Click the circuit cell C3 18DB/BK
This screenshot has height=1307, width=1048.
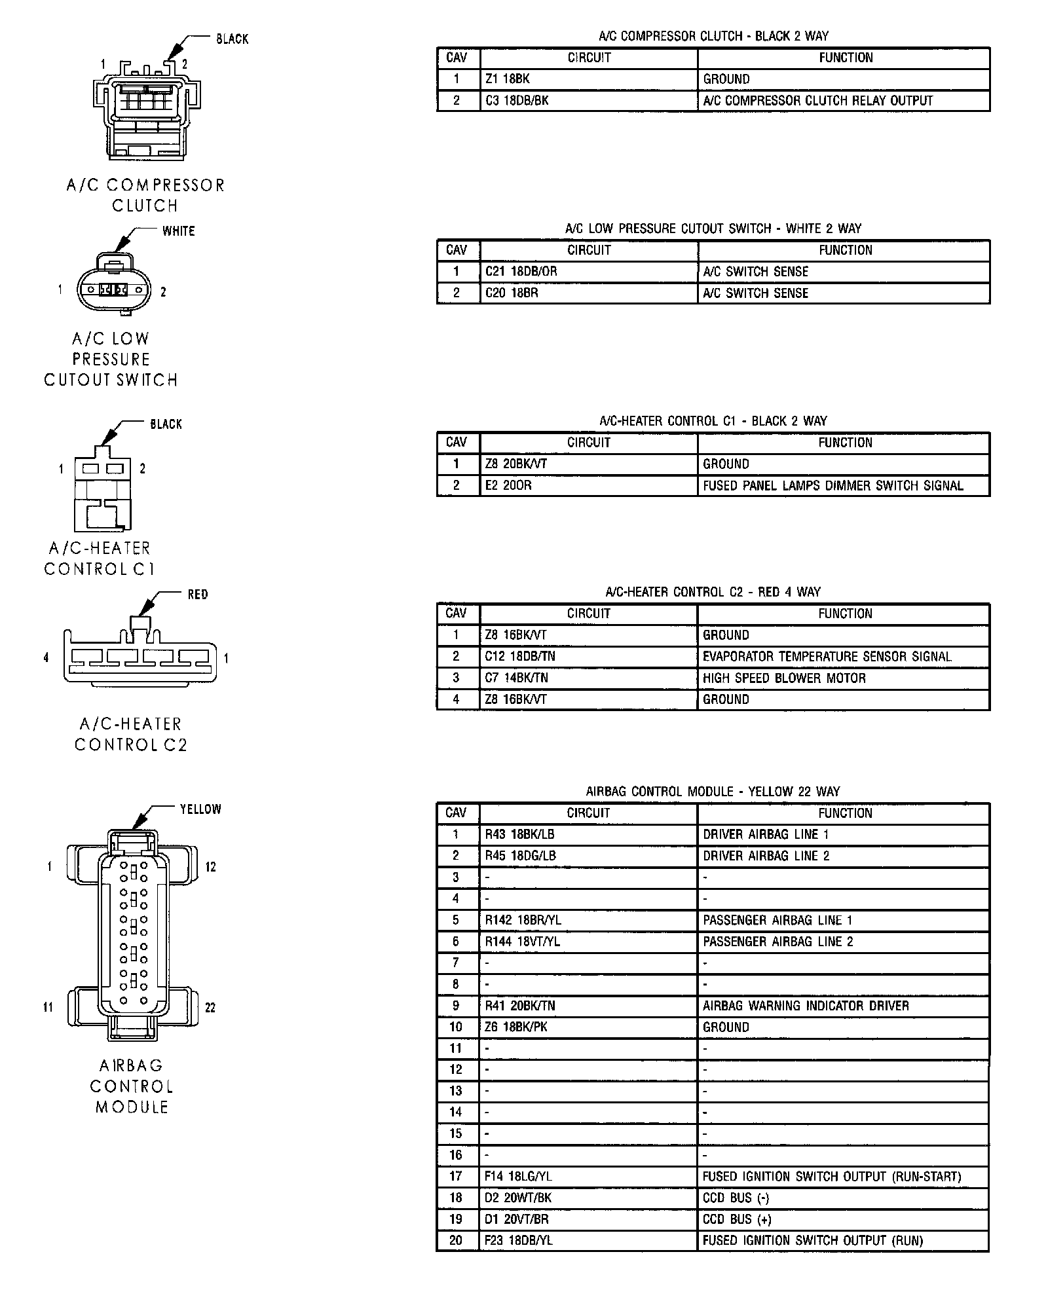pyautogui.click(x=517, y=101)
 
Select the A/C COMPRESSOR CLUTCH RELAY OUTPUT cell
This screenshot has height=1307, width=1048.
pyautogui.click(x=817, y=101)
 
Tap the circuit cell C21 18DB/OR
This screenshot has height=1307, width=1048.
pyautogui.click(x=521, y=272)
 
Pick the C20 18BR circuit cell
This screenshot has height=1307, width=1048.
pyautogui.click(x=512, y=293)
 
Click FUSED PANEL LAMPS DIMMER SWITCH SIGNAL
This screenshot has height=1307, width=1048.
pyautogui.click(x=833, y=486)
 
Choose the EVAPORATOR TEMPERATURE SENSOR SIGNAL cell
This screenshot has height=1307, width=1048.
pyautogui.click(x=827, y=657)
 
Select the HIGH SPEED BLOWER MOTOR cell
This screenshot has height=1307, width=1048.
pyautogui.click(x=784, y=678)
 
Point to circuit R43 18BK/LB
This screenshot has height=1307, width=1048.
pyautogui.click(x=519, y=835)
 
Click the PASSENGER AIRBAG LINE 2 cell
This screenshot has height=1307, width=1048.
pyautogui.click(x=777, y=942)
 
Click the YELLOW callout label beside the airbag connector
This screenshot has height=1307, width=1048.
pyautogui.click(x=200, y=809)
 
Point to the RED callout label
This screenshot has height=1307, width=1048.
pyautogui.click(x=197, y=595)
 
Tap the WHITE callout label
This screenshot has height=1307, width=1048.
pyautogui.click(x=178, y=231)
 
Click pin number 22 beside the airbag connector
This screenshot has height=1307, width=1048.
pyautogui.click(x=210, y=1008)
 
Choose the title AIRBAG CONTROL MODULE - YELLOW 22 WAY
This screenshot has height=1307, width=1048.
pyautogui.click(x=713, y=792)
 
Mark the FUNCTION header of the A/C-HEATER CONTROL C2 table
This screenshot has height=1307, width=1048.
pyautogui.click(x=845, y=614)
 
